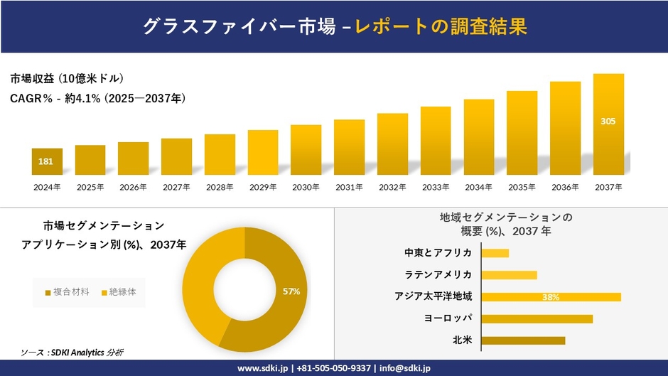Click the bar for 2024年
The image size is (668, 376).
pyautogui.click(x=47, y=161)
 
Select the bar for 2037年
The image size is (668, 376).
pyautogui.click(x=608, y=124)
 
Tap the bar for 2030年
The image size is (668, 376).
pyautogui.click(x=306, y=150)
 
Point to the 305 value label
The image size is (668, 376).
pyautogui.click(x=608, y=122)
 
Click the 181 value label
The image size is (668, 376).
pyautogui.click(x=45, y=162)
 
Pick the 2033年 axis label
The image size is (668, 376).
pyautogui.click(x=435, y=187)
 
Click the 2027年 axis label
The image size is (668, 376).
pyautogui.click(x=176, y=187)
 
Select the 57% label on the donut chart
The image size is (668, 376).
pyautogui.click(x=291, y=291)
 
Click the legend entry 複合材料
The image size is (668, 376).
pyautogui.click(x=68, y=292)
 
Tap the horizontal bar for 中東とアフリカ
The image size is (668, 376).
pyautogui.click(x=495, y=253)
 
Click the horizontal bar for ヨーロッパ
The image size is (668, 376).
pyautogui.click(x=537, y=318)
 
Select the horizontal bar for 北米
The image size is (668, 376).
pyautogui.click(x=524, y=340)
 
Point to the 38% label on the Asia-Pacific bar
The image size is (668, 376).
pyautogui.click(x=551, y=297)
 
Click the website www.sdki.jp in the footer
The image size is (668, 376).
pyautogui.click(x=262, y=368)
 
